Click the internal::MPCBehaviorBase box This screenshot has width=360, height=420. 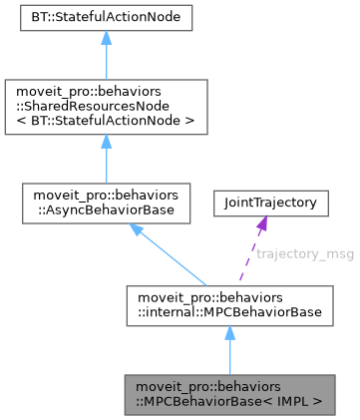point(228,305)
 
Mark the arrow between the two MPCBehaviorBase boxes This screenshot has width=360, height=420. point(228,351)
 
